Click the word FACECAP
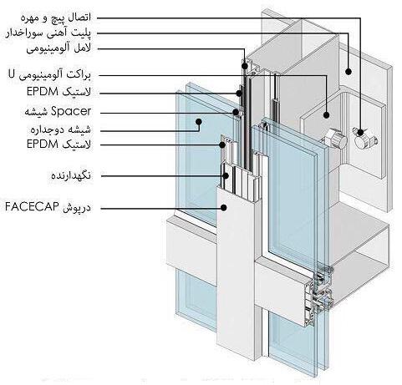(32, 207)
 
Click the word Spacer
(71, 111)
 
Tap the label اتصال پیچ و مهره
(56, 18)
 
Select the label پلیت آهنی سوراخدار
(48, 33)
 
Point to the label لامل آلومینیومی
(59, 49)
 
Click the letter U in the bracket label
(12, 74)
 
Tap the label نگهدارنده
(71, 175)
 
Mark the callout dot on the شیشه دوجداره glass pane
(198, 122)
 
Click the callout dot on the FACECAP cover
(224, 207)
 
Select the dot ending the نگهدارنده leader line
(226, 176)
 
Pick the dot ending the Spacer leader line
(236, 113)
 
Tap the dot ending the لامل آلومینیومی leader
(245, 66)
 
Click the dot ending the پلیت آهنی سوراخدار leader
(349, 72)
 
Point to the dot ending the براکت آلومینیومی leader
(326, 114)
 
